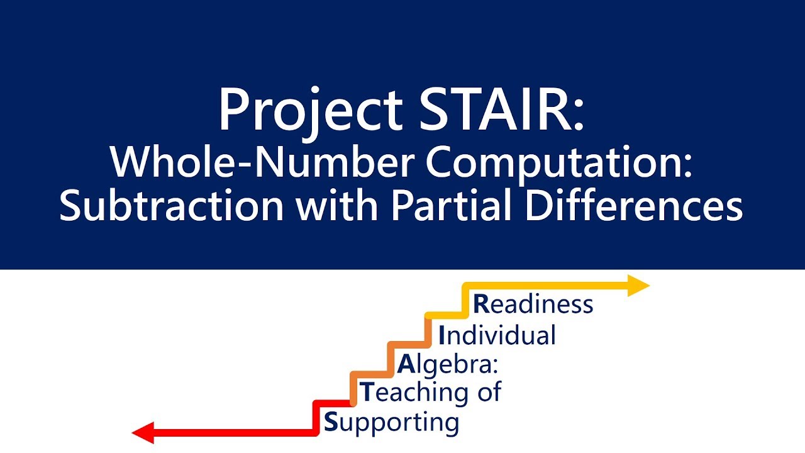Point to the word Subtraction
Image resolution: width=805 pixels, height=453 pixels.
(171, 206)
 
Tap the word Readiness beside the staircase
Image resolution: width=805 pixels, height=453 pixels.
(533, 304)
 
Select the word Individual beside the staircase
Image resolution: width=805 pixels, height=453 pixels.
(497, 335)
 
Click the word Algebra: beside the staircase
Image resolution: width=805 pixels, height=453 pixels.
(447, 365)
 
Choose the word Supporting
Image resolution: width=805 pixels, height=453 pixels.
(391, 422)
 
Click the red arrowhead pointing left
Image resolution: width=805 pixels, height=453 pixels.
(142, 433)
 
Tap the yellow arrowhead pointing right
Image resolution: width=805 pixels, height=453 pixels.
(638, 286)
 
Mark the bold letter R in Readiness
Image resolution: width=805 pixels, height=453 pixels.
(481, 304)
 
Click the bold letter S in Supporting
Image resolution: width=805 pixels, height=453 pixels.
(331, 422)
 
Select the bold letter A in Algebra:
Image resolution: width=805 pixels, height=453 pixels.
(406, 364)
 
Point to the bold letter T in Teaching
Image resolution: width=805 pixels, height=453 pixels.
(367, 393)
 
